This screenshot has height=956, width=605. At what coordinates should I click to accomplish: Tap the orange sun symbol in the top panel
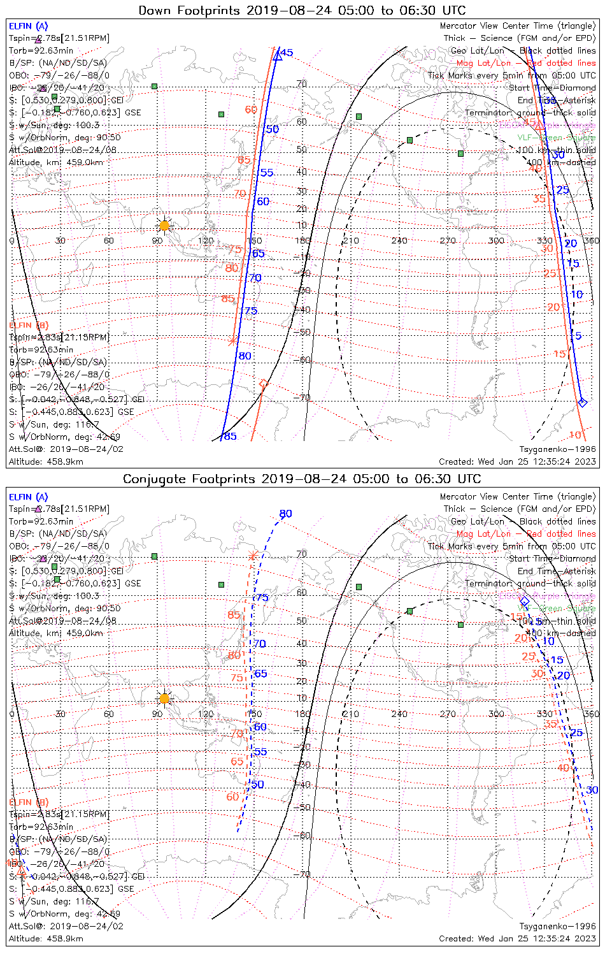[164, 225]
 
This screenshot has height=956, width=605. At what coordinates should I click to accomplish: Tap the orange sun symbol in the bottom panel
[164, 699]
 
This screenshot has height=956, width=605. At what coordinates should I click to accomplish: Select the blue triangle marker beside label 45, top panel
[278, 56]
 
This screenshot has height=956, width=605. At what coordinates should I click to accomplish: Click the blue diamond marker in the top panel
[581, 402]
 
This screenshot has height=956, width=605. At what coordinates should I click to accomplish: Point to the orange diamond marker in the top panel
[263, 384]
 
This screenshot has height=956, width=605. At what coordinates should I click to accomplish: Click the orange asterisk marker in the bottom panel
[253, 556]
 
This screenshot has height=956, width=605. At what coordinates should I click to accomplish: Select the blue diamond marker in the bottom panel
[525, 601]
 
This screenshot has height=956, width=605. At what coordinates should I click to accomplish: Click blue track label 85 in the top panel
[230, 437]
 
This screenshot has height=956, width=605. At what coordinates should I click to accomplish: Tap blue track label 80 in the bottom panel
[285, 514]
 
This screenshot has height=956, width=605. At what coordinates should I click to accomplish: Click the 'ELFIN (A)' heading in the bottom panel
[28, 497]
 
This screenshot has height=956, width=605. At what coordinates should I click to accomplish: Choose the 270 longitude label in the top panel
[448, 240]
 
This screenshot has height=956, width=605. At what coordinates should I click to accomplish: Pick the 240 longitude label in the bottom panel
[399, 714]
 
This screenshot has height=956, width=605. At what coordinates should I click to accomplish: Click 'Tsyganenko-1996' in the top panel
[557, 449]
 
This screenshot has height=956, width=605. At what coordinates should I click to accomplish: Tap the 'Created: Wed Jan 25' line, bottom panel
[517, 938]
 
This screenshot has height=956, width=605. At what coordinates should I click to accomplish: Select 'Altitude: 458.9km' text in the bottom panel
[46, 938]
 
